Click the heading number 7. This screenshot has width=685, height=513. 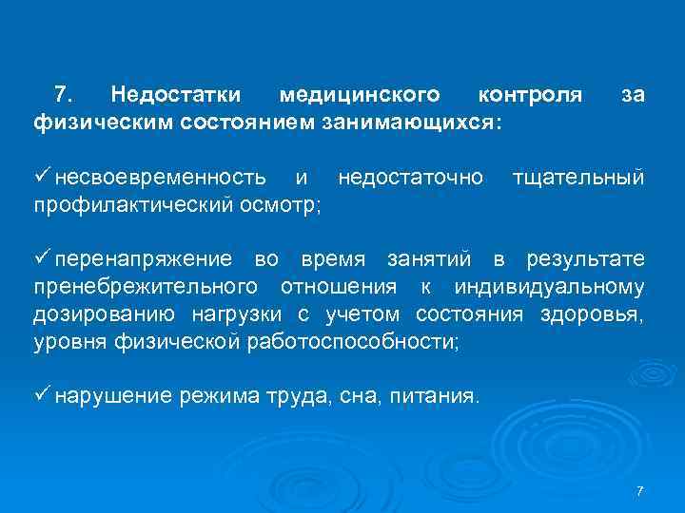click(63, 95)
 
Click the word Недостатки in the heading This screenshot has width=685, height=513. click(176, 95)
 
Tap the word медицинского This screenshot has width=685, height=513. click(359, 95)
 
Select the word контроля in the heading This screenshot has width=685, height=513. click(530, 95)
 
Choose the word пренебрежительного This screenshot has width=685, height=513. click(145, 288)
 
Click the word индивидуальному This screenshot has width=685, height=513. click(550, 288)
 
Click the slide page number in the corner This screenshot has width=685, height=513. click(639, 490)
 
